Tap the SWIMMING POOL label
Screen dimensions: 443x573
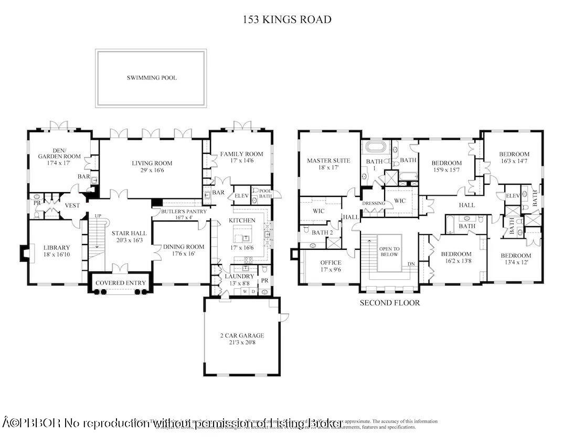(x=152, y=78)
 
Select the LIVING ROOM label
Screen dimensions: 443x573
(x=152, y=163)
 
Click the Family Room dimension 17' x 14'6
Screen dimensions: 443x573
(x=241, y=162)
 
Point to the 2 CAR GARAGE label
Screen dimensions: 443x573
(x=242, y=335)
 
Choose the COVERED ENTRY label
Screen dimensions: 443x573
(x=120, y=283)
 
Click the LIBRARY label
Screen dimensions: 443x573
(x=57, y=248)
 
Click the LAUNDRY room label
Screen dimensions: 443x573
(x=239, y=276)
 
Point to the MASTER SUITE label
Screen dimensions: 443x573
(x=328, y=161)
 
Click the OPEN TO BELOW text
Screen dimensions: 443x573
(x=389, y=251)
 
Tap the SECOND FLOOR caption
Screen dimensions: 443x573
(x=389, y=303)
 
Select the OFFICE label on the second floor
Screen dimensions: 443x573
(x=331, y=262)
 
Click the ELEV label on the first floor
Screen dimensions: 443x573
(x=241, y=195)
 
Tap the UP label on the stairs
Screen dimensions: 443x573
(x=98, y=216)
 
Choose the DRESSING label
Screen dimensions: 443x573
(x=374, y=204)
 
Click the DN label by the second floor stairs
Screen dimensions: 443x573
(x=412, y=264)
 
